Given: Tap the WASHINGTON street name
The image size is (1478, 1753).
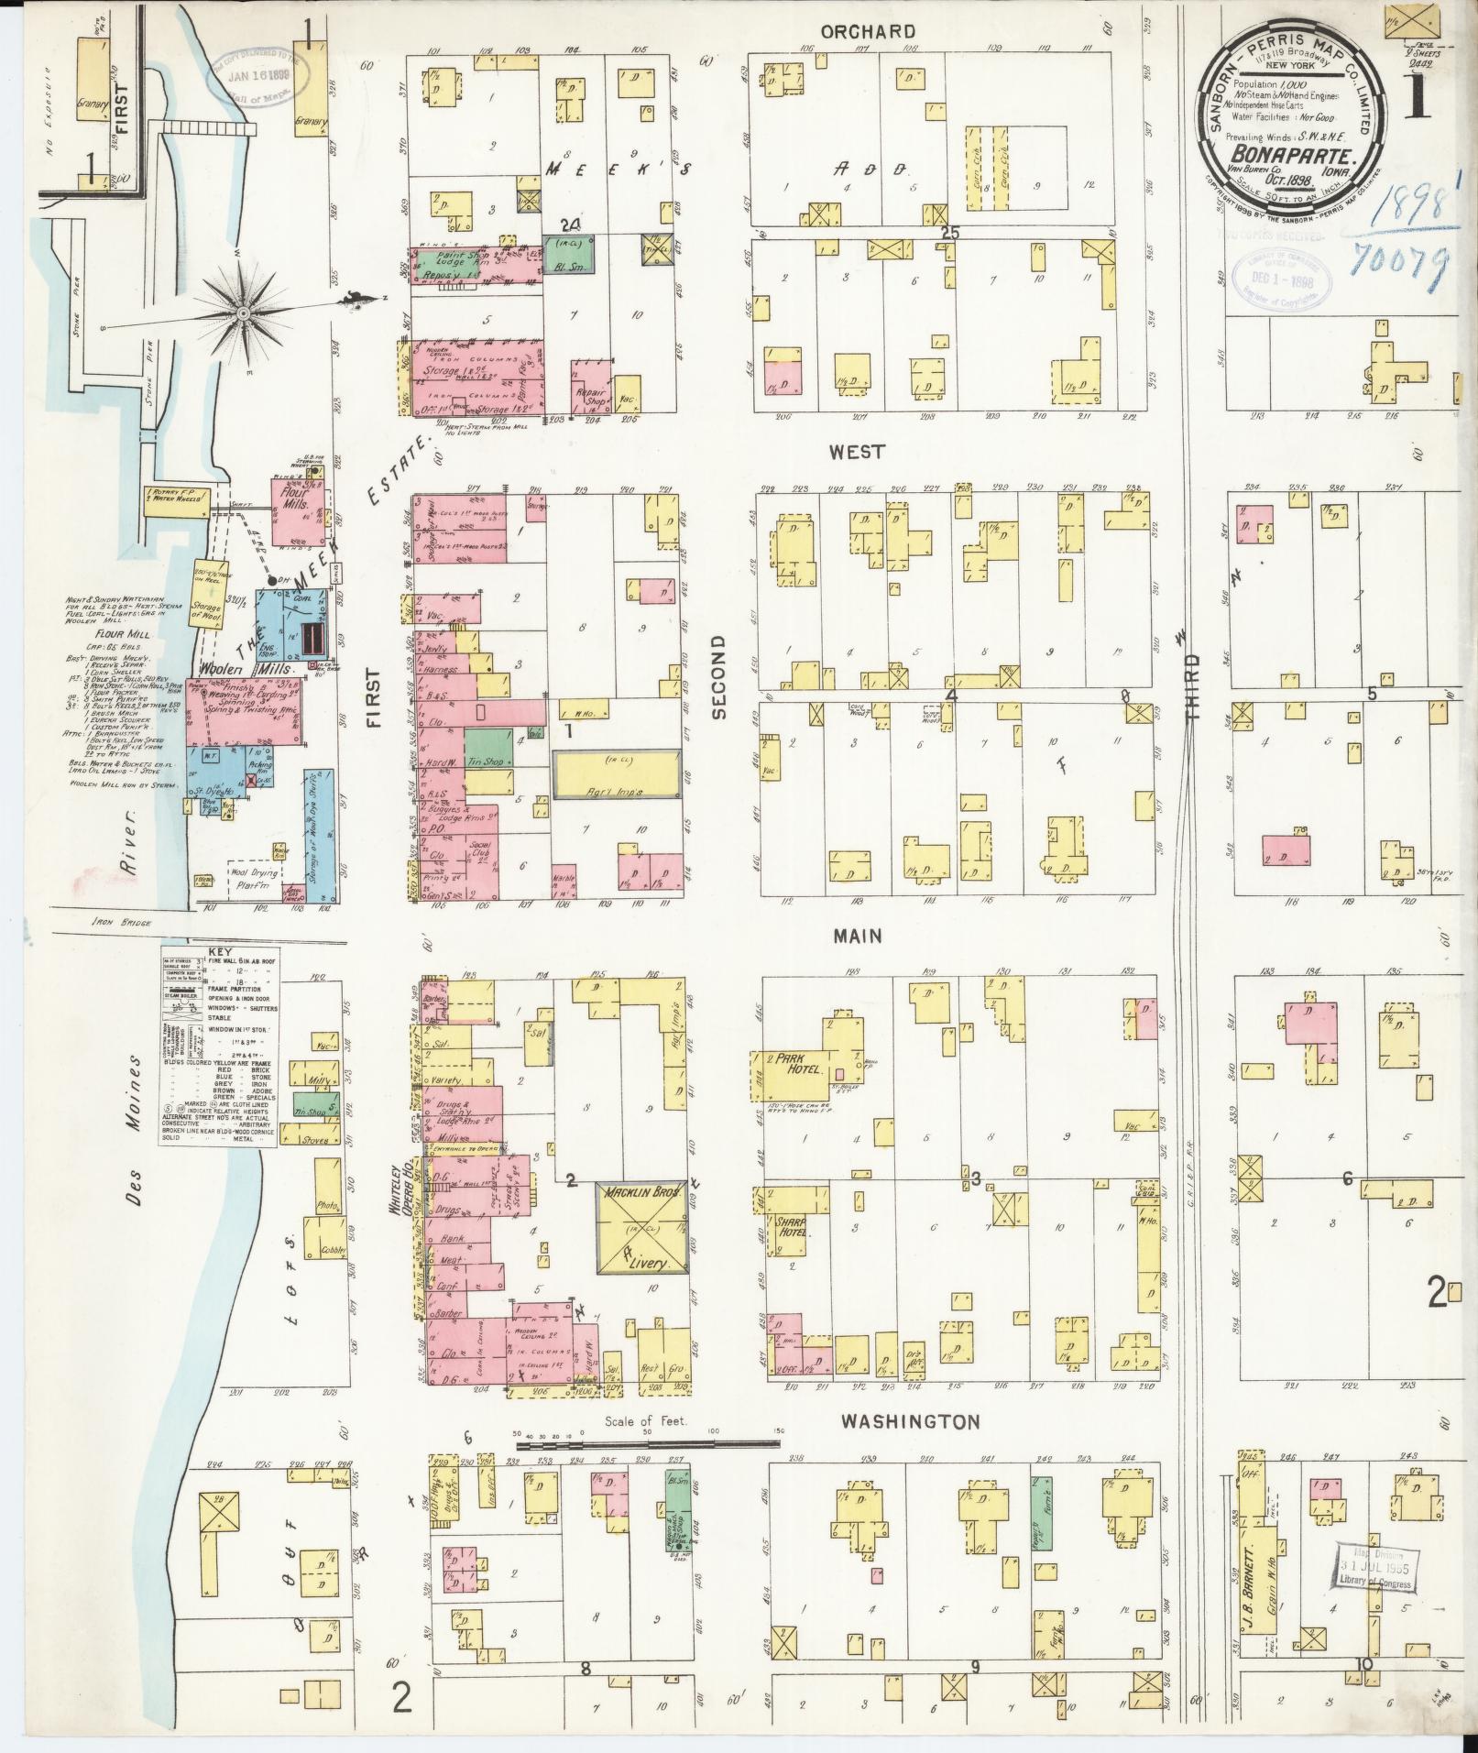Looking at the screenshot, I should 910,1447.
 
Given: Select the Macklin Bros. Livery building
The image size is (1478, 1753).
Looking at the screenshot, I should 642,1231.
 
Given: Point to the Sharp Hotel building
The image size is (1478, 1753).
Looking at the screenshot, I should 786,1228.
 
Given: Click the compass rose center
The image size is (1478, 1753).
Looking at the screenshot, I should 244,312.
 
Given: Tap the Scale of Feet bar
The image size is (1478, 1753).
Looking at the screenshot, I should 646,1469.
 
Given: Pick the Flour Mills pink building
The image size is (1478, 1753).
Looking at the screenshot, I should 296,500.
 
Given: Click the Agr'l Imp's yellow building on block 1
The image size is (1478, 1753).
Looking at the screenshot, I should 618,774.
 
